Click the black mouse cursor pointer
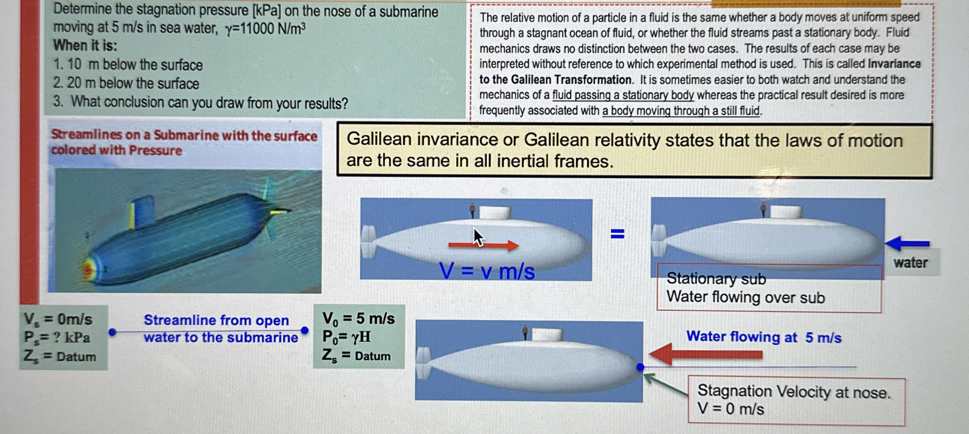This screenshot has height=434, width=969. tap(478, 237)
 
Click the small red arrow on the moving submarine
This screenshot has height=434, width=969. tap(483, 245)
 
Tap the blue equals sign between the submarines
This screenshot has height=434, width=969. tap(617, 234)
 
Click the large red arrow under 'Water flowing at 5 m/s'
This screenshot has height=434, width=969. tap(706, 354)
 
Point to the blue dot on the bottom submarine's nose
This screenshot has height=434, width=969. tap(640, 367)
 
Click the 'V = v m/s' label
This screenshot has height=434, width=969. tap(487, 271)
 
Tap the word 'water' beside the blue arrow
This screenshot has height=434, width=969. tap(910, 263)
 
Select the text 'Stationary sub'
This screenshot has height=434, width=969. tap(716, 278)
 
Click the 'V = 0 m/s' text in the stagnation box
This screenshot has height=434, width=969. tap(730, 409)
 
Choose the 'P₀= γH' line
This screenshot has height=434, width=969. tap(347, 337)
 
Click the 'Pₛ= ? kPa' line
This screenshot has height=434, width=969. tap(57, 337)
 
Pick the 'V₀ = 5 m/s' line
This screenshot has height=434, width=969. tap(358, 318)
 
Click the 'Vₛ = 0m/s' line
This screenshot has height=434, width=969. tap(58, 319)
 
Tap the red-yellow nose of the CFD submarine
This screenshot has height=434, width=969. tap(89, 268)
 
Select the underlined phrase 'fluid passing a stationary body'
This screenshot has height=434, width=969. tap(623, 95)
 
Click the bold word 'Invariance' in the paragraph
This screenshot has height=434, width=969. tap(894, 64)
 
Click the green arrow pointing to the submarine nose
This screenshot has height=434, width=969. tap(665, 384)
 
